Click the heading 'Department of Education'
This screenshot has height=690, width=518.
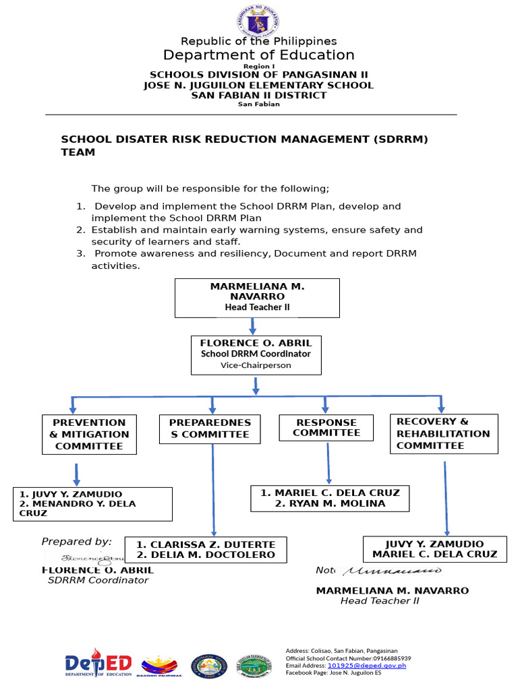(258, 55)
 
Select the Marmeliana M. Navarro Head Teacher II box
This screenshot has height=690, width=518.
(257, 297)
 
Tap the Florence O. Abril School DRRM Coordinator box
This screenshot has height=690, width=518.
(256, 354)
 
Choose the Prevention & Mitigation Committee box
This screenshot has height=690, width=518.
(89, 435)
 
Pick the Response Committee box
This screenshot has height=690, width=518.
(326, 428)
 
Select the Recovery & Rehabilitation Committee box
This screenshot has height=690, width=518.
(443, 433)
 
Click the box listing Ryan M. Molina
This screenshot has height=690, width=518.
(330, 498)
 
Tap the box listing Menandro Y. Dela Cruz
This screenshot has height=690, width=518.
(92, 503)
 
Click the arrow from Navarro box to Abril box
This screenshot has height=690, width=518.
(253, 326)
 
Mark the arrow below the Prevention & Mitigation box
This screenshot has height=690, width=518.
(76, 474)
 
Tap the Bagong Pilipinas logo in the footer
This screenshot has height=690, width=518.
(159, 665)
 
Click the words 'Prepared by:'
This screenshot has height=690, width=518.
(76, 542)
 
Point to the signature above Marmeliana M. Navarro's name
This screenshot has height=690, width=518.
(392, 571)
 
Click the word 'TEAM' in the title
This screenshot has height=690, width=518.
(78, 152)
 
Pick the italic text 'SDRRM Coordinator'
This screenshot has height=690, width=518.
(98, 580)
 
